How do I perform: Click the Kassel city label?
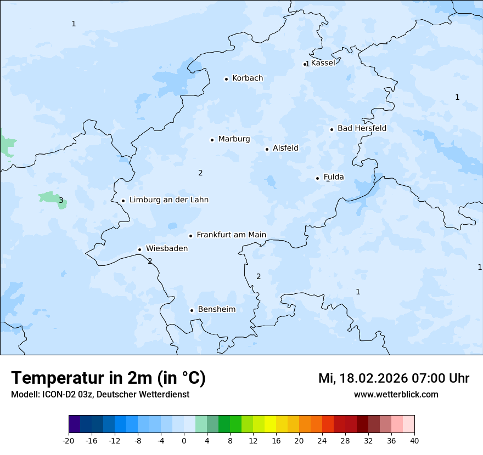(x=323, y=63)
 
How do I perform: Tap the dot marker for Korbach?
(x=226, y=79)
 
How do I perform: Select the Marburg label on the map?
(x=234, y=139)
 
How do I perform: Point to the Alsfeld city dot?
(x=267, y=149)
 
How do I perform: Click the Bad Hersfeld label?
(x=362, y=129)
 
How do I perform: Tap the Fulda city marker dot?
(x=317, y=178)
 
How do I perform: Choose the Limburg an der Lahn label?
(x=169, y=200)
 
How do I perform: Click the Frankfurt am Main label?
(x=231, y=235)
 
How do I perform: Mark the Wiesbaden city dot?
(x=139, y=249)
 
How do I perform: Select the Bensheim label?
(x=216, y=310)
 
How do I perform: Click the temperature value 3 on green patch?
(x=61, y=201)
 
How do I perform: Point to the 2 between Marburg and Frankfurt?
(x=200, y=173)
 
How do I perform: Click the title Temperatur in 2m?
(x=108, y=378)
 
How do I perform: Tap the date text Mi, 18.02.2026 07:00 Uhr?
(x=394, y=378)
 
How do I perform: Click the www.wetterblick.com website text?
(x=396, y=395)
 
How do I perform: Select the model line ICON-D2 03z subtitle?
(x=100, y=395)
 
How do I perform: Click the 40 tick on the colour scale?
(x=414, y=440)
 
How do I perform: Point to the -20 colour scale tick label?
(x=69, y=440)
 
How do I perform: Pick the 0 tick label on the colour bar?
(x=184, y=440)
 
